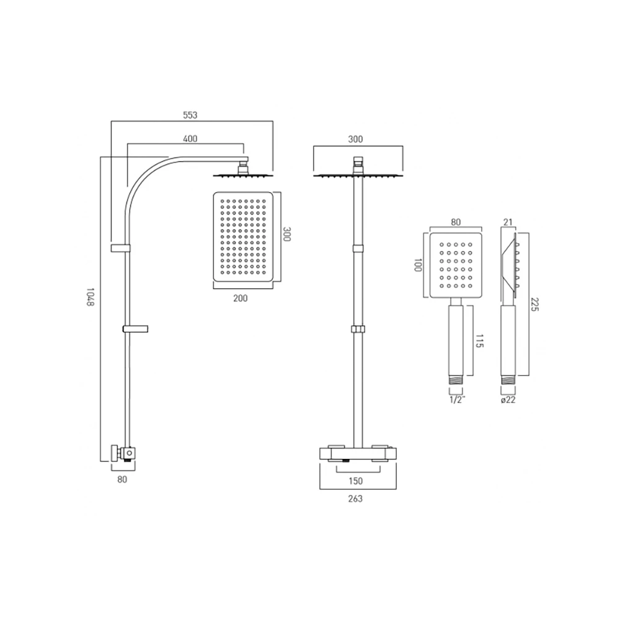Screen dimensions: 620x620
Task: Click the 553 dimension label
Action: pos(190,115)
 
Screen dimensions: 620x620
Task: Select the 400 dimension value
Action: pos(190,139)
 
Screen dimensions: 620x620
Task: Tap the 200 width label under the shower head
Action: pos(240,298)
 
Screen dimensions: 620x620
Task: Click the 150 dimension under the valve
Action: pos(355,481)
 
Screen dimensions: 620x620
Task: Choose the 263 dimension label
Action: pos(355,498)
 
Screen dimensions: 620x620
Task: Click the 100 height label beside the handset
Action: pos(417,267)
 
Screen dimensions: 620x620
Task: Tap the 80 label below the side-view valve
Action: pos(122,480)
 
